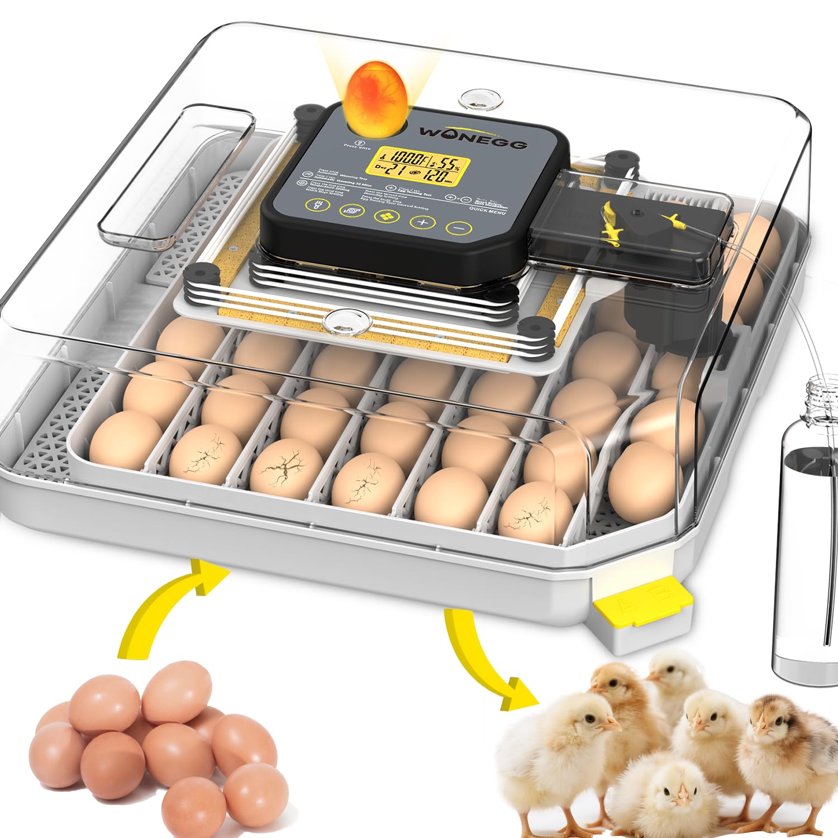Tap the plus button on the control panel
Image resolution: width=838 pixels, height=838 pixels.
coord(422,222)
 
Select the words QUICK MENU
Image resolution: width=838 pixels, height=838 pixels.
coord(487,211)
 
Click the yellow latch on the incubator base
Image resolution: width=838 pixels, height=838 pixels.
coord(642,604)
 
